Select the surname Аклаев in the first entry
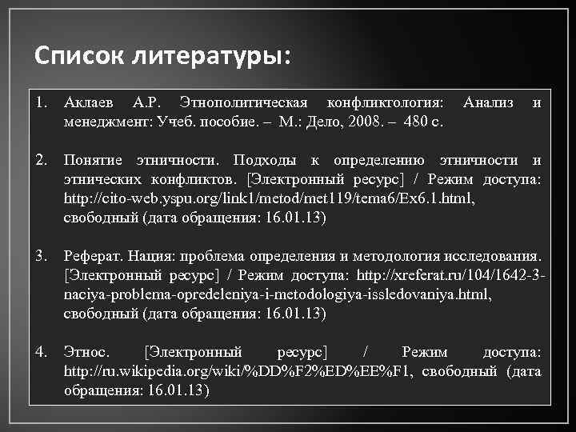pyautogui.click(x=90, y=103)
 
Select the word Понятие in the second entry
pyautogui.click(x=90, y=160)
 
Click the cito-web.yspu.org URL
pyautogui.click(x=268, y=198)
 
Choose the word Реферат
pyautogui.click(x=94, y=256)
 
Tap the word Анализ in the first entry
pyautogui.click(x=488, y=103)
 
